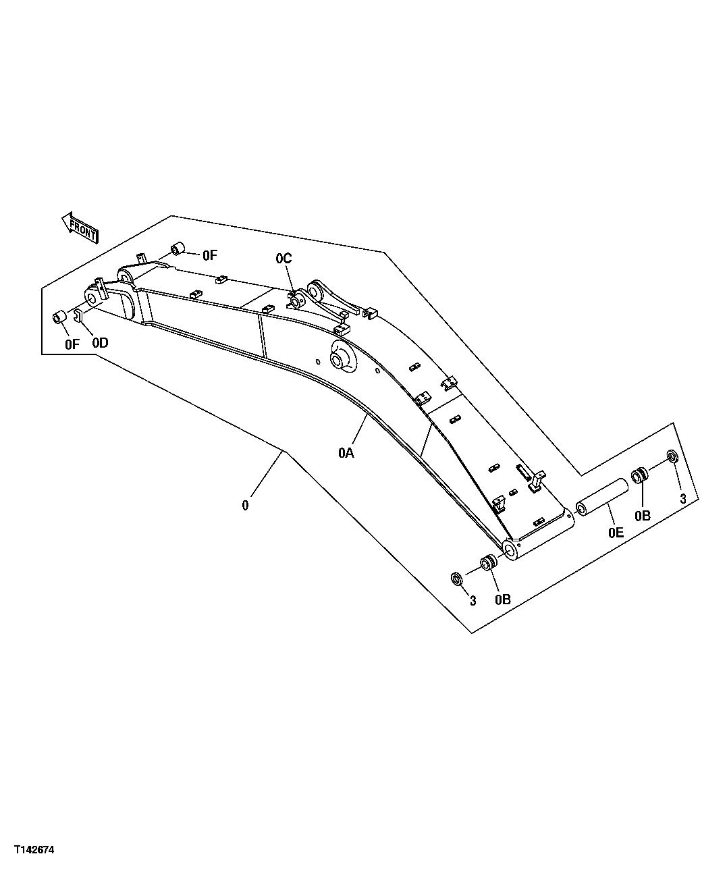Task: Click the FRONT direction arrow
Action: (80, 226)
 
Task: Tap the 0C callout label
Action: (284, 258)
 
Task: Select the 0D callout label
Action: (100, 342)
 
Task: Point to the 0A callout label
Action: (346, 453)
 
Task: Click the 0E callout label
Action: (615, 533)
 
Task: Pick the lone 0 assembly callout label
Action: (245, 504)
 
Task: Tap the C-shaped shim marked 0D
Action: (78, 315)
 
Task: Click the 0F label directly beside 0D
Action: (72, 343)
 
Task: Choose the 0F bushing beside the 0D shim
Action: (59, 316)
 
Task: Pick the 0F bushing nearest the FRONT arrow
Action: (179, 249)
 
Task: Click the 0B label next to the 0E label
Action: (642, 515)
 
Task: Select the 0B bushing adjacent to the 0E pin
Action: (639, 475)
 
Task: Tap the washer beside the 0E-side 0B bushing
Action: (672, 456)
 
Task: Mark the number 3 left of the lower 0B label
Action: (473, 600)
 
